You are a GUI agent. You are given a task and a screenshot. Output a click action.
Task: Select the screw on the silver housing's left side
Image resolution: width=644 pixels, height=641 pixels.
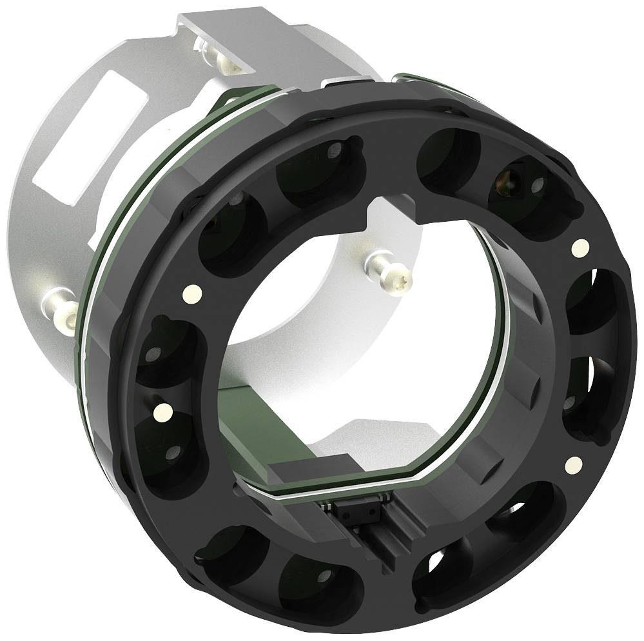click(x=62, y=306)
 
